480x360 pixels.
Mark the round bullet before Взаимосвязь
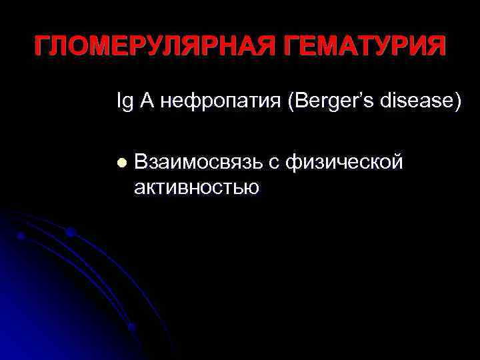[121, 162]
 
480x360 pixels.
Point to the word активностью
[196, 187]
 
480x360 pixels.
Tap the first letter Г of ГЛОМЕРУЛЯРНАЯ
[42, 47]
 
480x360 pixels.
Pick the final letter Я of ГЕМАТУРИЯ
[434, 47]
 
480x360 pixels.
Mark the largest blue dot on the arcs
[70, 233]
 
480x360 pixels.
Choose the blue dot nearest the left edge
[21, 236]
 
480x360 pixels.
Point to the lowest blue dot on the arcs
[131, 327]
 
